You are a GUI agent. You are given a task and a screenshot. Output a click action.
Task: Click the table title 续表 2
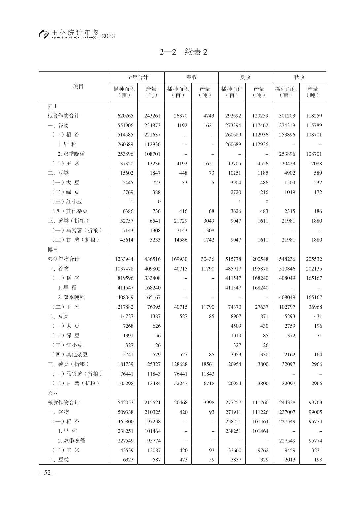tap(184, 52)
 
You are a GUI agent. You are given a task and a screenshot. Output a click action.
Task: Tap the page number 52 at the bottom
tap(47, 473)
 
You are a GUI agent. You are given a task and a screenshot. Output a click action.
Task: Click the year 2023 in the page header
tap(108, 36)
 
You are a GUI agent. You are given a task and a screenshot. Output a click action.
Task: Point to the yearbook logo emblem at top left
tap(43, 34)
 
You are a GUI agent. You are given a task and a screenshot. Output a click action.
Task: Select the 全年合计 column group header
tap(138, 77)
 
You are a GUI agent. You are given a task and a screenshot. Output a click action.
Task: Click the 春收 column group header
tap(192, 77)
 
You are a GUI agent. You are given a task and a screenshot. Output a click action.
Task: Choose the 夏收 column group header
tap(245, 77)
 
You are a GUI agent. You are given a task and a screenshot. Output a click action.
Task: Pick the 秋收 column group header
tap(299, 77)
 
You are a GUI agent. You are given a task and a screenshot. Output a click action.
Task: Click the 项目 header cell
tap(78, 87)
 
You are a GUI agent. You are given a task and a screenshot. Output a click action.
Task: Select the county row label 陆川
tap(53, 106)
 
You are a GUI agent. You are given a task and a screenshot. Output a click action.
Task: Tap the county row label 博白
tap(53, 250)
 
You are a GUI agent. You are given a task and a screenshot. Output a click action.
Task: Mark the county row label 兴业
tap(53, 393)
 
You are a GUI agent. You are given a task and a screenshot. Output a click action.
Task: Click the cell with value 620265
tap(126, 116)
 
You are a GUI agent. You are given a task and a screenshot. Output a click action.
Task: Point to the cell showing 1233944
tap(124, 259)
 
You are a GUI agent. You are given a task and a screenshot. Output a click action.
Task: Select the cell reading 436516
tap(152, 259)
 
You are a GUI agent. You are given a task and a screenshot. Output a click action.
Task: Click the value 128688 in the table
tap(179, 364)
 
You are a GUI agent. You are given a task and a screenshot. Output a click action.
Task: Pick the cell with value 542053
tap(126, 403)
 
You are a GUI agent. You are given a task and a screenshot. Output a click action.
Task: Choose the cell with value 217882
tap(126, 307)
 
